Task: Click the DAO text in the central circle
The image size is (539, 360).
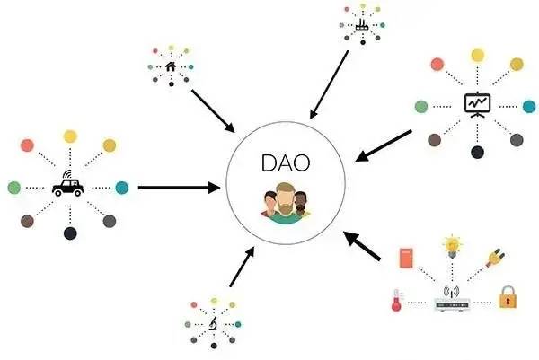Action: pyautogui.click(x=286, y=162)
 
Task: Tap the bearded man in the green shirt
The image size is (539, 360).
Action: pyautogui.click(x=286, y=204)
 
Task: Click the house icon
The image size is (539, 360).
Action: pyautogui.click(x=171, y=66)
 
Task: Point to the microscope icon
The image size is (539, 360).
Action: pyautogui.click(x=214, y=323)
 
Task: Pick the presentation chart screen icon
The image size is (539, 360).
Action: pyautogui.click(x=477, y=105)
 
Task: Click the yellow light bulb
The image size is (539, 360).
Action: pyautogui.click(x=453, y=246)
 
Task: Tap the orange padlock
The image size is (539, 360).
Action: pyautogui.click(x=508, y=297)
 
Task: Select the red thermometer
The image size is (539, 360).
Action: pyautogui.click(x=397, y=300)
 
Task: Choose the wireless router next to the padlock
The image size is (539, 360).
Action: pyautogui.click(x=452, y=299)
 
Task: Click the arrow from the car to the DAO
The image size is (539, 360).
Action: pyautogui.click(x=179, y=188)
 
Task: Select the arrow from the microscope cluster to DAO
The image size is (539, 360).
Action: pyautogui.click(x=242, y=267)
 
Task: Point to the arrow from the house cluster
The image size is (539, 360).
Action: pyautogui.click(x=213, y=111)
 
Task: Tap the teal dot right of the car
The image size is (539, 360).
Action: pyautogui.click(x=122, y=188)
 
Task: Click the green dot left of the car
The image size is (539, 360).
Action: pyautogui.click(x=14, y=188)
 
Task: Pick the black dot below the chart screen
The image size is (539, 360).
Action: pyautogui.click(x=477, y=152)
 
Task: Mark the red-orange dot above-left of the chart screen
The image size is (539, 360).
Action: pyautogui.click(x=437, y=65)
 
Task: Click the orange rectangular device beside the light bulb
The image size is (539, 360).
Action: pyautogui.click(x=406, y=258)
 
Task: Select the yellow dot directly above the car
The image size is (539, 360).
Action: pyautogui.click(x=70, y=136)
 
